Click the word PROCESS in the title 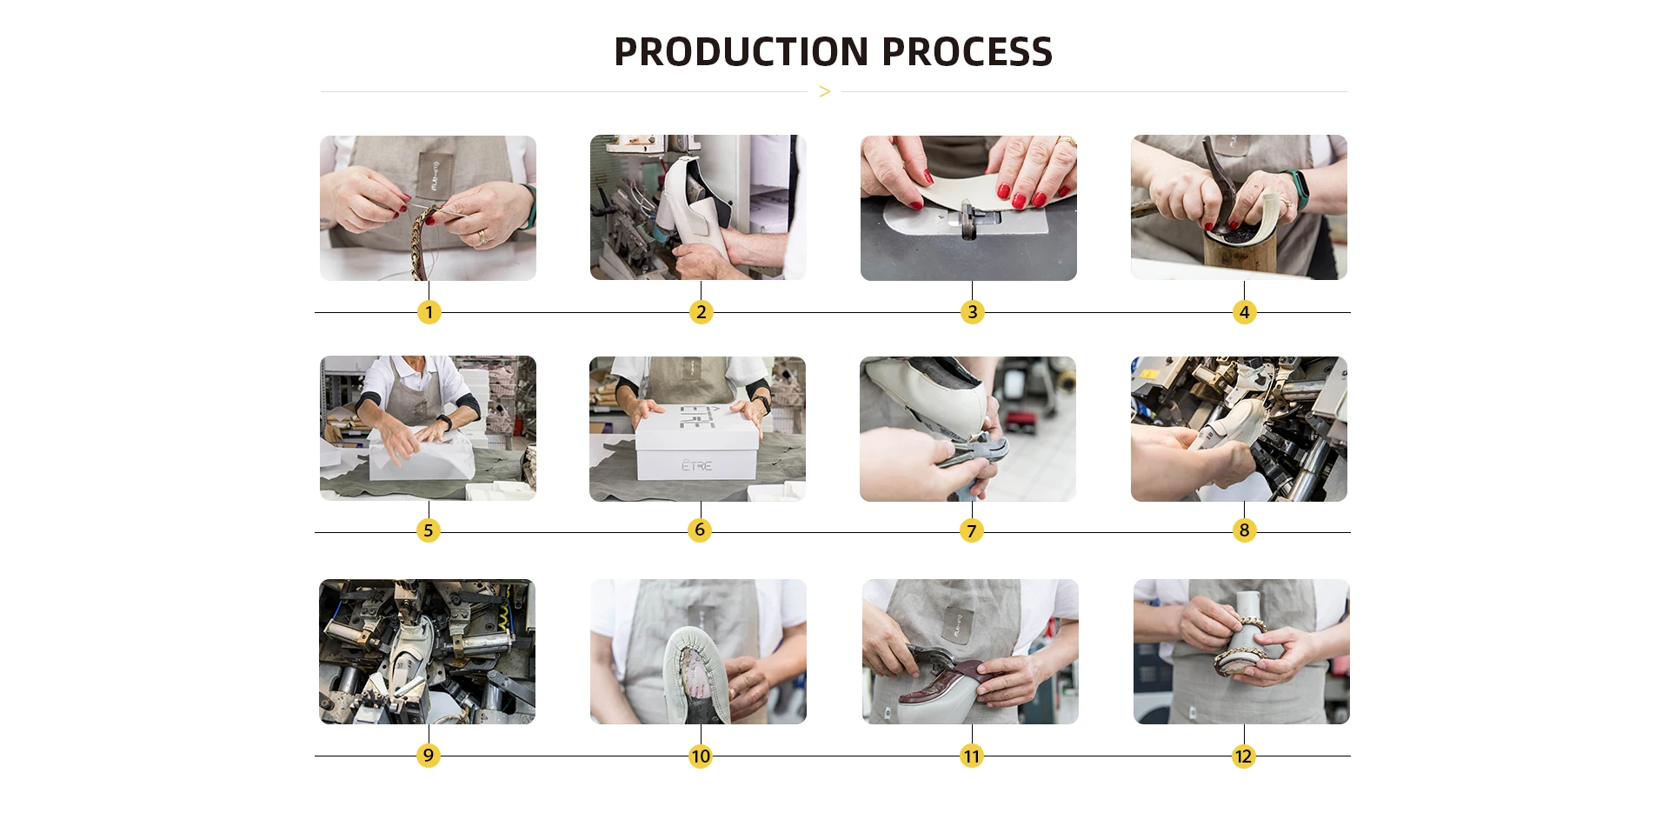(x=967, y=52)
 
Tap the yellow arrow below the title (x=825, y=91)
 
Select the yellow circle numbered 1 (x=429, y=312)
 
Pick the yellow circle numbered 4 (x=1244, y=312)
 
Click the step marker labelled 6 (x=700, y=530)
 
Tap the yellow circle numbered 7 (x=972, y=530)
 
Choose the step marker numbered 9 (x=428, y=756)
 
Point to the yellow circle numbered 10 (x=700, y=756)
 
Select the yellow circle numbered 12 (x=1244, y=756)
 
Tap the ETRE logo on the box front (x=696, y=466)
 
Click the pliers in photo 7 (x=974, y=452)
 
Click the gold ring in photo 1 (x=482, y=237)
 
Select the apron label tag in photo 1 (x=437, y=173)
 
